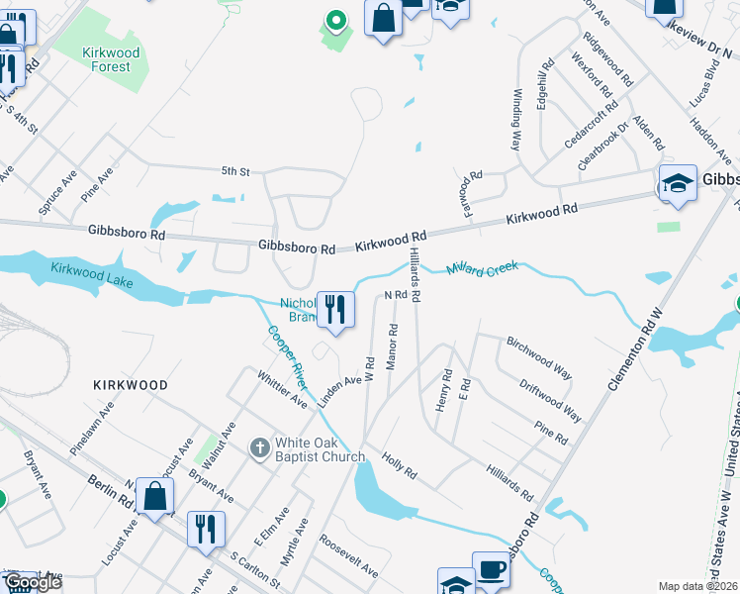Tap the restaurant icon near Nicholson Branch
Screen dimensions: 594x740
point(335,311)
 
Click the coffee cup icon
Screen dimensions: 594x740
point(491,572)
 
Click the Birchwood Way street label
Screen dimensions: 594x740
point(539,356)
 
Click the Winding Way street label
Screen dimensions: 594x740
point(515,119)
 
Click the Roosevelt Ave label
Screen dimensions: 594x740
point(348,556)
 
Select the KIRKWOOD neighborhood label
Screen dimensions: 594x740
point(131,384)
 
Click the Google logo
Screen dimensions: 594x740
point(33,582)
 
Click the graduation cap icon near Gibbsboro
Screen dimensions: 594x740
point(678,185)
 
